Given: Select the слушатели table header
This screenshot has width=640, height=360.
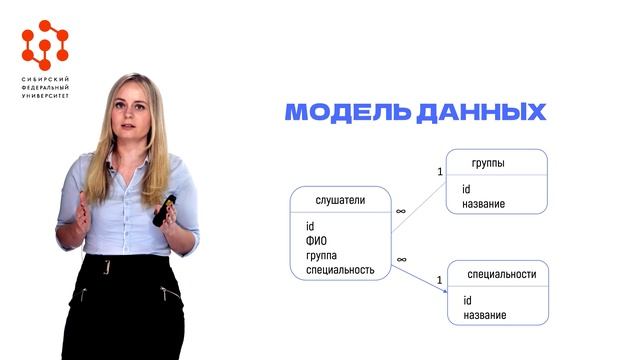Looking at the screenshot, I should (340, 200).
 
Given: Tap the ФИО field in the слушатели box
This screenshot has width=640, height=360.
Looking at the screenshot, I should (317, 240).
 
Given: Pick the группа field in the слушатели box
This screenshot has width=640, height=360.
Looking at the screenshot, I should (323, 255).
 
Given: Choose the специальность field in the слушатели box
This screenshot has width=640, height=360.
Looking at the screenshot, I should (340, 270).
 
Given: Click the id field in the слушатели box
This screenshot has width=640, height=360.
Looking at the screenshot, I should (310, 226).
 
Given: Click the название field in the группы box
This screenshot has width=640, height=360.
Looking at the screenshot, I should (483, 204).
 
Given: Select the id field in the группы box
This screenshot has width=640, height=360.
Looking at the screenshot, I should (466, 189).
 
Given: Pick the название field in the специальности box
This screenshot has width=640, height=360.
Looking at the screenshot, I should (484, 316).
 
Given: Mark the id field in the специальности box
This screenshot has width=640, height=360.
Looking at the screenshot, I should (467, 301).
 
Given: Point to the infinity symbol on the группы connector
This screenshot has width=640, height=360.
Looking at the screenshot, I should (401, 211).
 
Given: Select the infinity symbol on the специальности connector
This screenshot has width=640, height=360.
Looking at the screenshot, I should (401, 259).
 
